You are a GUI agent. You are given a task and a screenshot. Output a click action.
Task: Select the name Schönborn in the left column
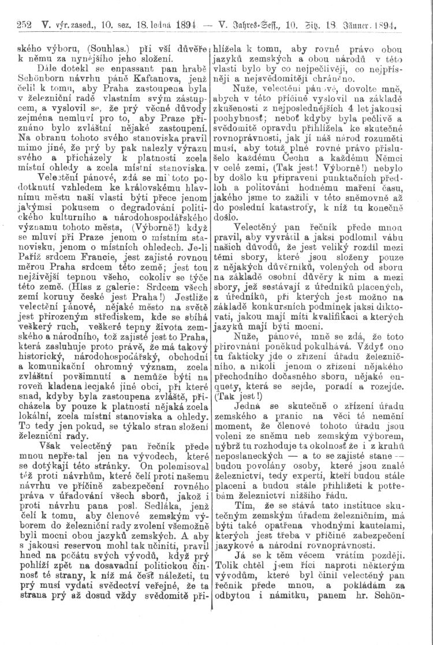(28, 77)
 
